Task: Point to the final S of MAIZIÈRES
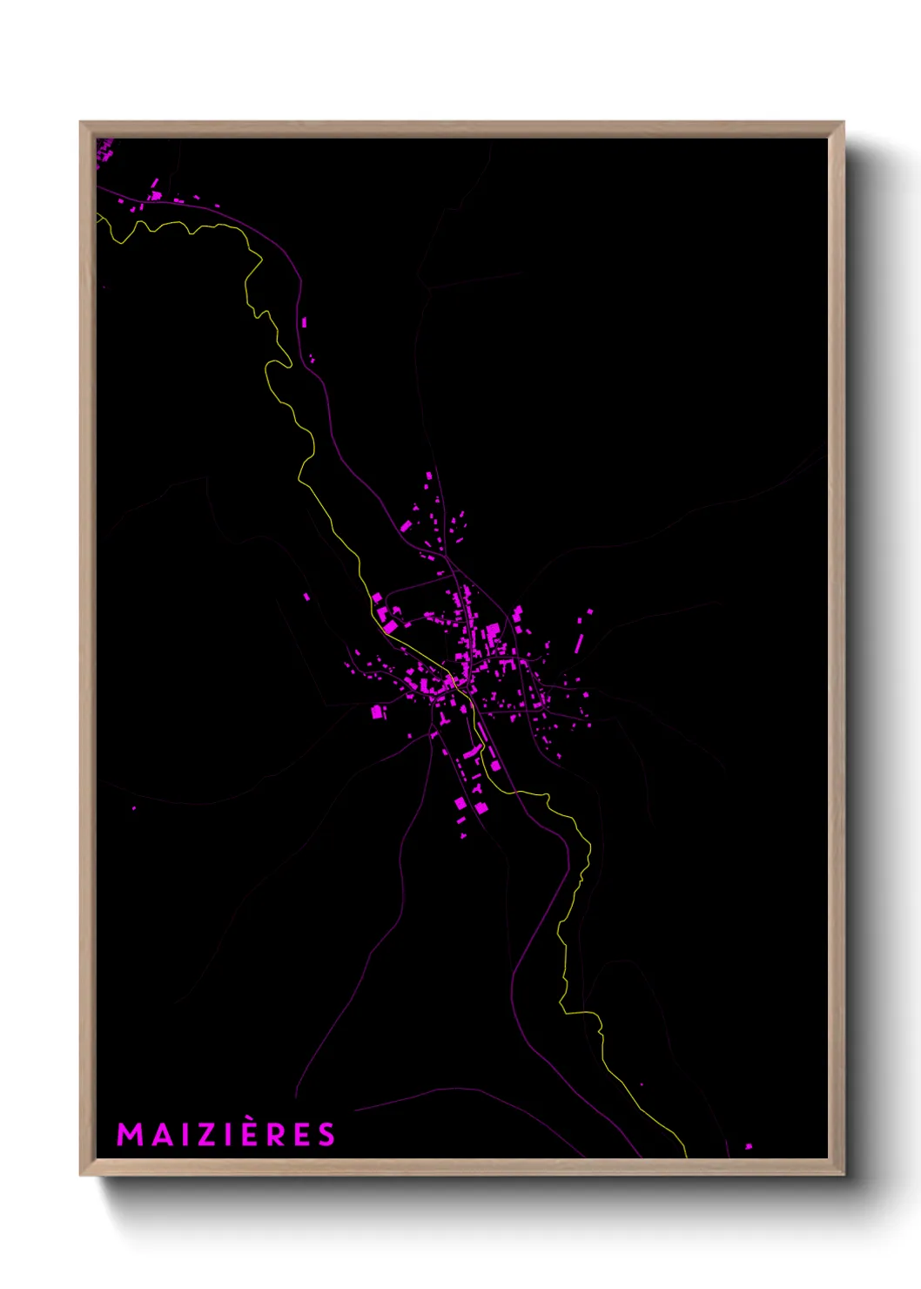[326, 1135]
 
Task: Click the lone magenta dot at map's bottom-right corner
[748, 1147]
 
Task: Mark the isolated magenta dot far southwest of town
[134, 808]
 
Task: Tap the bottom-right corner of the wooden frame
[843, 1174]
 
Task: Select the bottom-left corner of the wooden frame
[82, 1174]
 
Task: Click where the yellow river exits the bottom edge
[685, 1155]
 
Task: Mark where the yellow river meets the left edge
[98, 215]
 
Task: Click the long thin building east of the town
[579, 644]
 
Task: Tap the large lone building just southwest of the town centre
[378, 712]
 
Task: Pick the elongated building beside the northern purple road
[304, 323]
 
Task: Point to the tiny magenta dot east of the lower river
[642, 1085]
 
